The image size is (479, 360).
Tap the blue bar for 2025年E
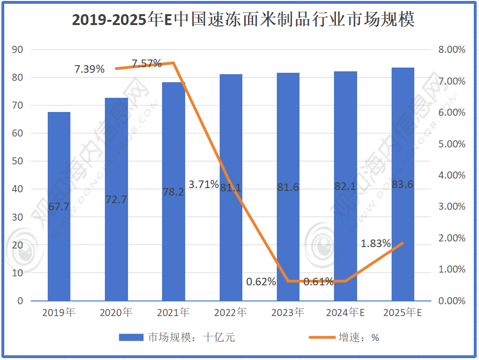(x=403, y=184)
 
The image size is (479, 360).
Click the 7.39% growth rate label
(x=89, y=69)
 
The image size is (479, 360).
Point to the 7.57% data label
(x=146, y=63)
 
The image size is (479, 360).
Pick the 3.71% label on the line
(x=203, y=184)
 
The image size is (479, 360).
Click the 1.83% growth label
(x=376, y=244)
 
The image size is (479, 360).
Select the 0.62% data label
(x=261, y=282)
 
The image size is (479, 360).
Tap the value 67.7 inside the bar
(x=59, y=206)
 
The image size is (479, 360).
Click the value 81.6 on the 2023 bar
(x=288, y=188)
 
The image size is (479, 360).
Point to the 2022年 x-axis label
(x=231, y=313)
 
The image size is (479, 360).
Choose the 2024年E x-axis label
(x=345, y=313)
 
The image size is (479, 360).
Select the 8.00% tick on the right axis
(x=452, y=50)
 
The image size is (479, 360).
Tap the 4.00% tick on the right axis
(x=452, y=175)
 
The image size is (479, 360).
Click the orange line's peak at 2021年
(x=173, y=63)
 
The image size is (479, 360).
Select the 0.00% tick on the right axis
(x=452, y=301)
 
